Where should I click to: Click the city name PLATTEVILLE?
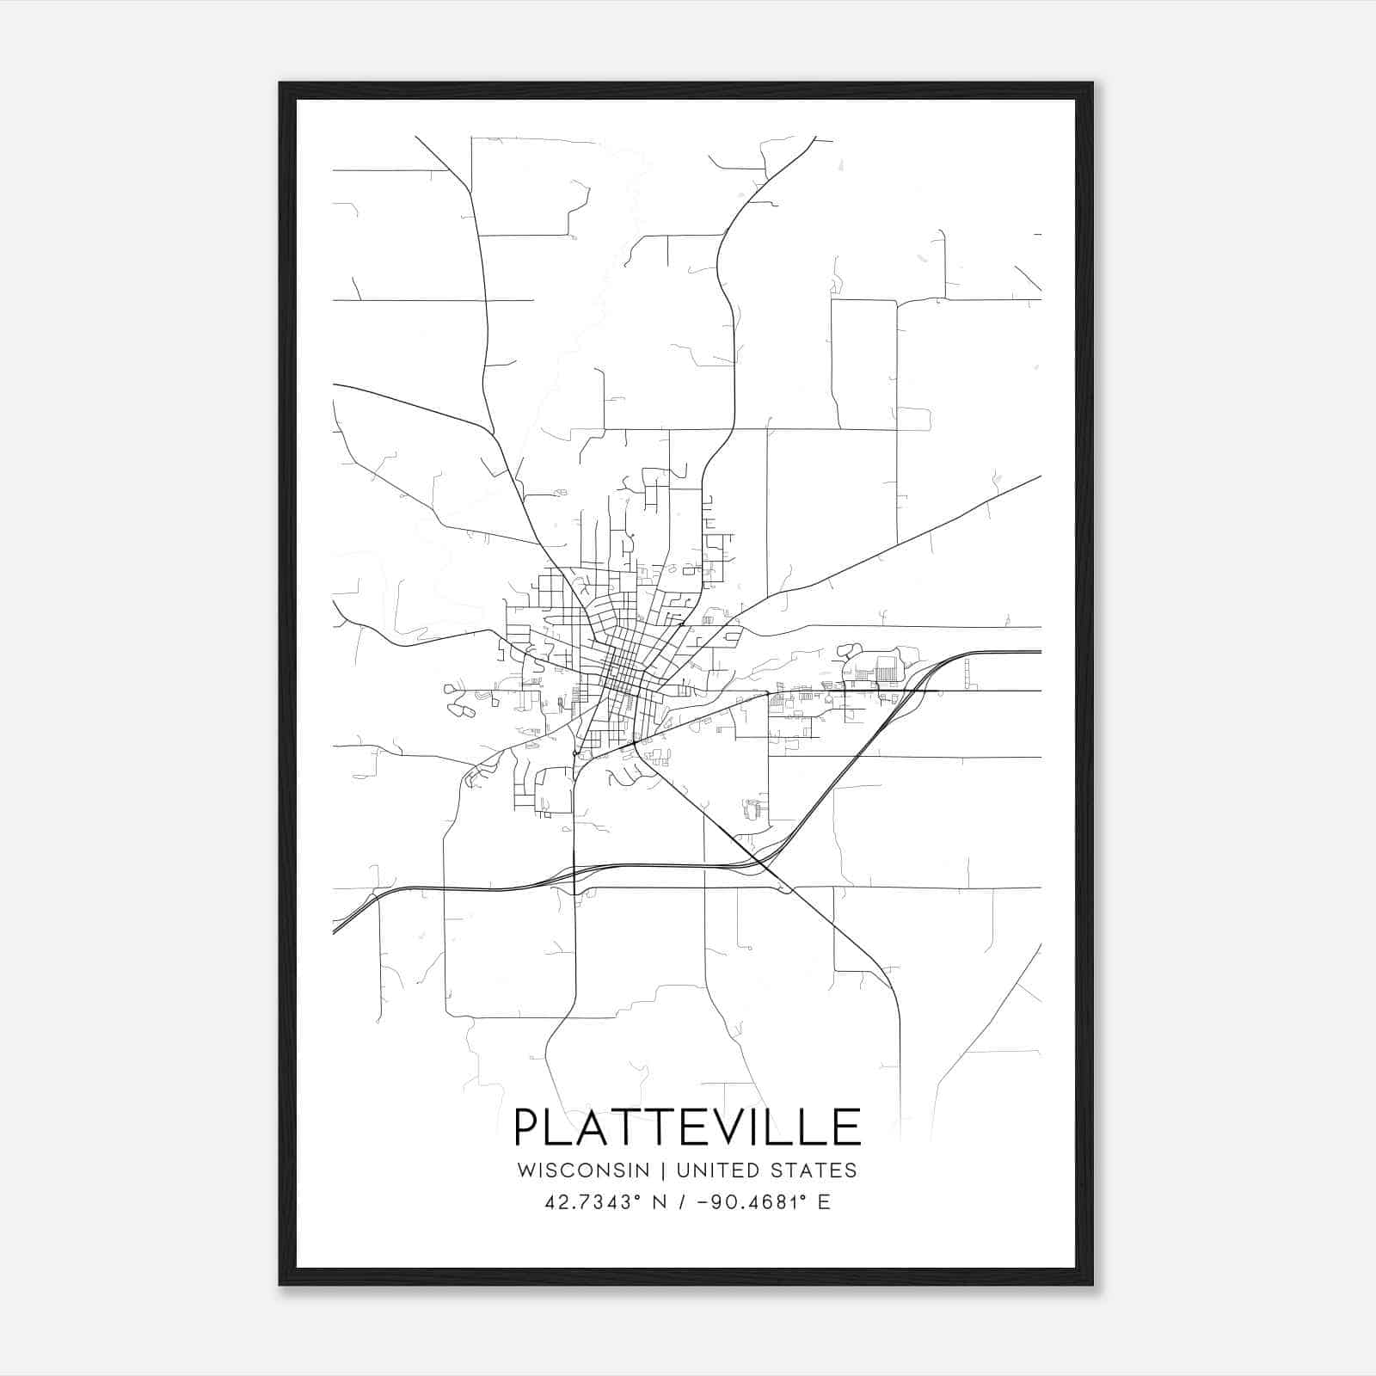(x=687, y=1127)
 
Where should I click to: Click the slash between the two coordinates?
(x=681, y=1201)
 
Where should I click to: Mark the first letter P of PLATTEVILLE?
(x=526, y=1127)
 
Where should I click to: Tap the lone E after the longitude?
(x=824, y=1201)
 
